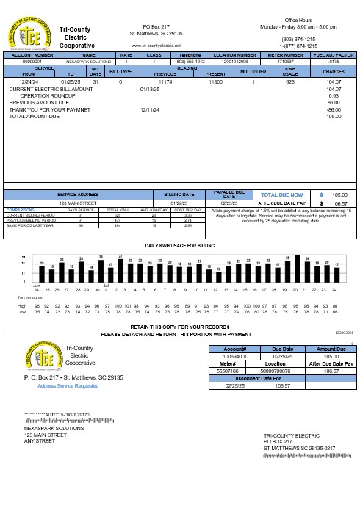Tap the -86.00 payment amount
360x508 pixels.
point(334,109)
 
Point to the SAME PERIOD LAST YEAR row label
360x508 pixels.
point(28,225)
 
